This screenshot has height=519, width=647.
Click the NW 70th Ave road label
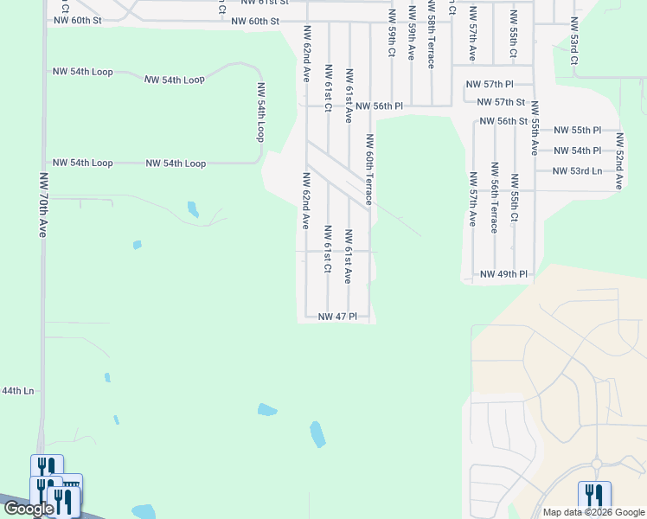(43, 204)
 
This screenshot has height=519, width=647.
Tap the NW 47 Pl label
(337, 317)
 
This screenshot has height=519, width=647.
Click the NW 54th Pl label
(577, 151)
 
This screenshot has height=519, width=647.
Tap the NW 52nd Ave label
(619, 161)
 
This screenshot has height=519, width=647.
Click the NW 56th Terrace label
(494, 197)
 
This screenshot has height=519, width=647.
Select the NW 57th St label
(502, 102)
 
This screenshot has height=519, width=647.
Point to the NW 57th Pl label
(490, 84)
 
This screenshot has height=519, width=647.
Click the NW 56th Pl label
(379, 106)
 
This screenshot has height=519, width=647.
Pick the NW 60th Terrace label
(369, 169)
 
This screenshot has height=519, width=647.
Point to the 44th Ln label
(17, 391)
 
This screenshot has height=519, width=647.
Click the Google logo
(28, 509)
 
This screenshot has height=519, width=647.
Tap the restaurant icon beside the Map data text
(594, 496)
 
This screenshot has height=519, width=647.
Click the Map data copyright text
(594, 512)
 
